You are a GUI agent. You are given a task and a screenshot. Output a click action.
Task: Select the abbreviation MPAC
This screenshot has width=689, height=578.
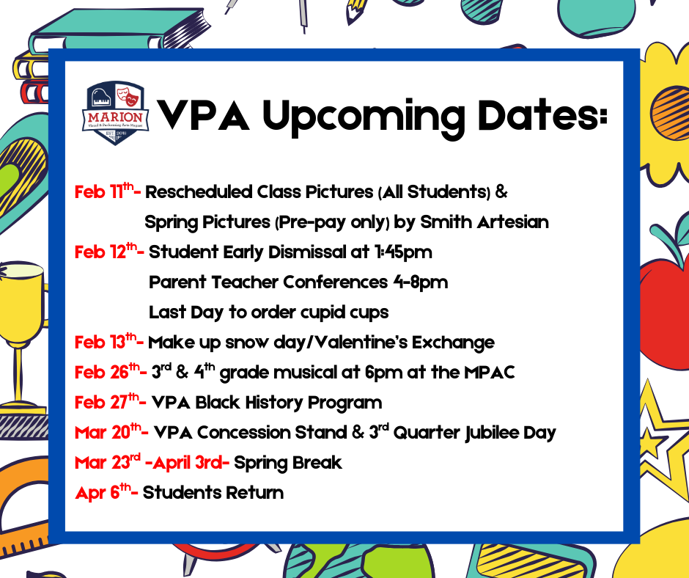click(x=489, y=373)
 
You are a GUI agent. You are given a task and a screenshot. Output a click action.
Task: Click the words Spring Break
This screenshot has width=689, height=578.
click(x=288, y=463)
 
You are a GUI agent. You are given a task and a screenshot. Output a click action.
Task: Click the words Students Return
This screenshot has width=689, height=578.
click(x=213, y=493)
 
